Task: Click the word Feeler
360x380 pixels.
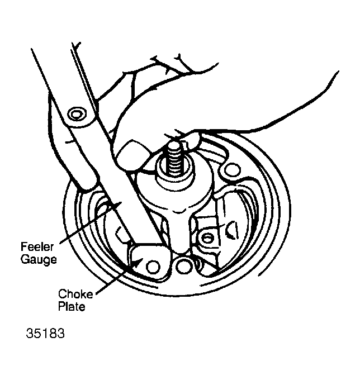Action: pos(37,247)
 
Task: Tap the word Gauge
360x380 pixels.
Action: pos(39,259)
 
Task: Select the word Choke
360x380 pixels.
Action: pos(75,294)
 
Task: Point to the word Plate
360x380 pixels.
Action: pos(72,306)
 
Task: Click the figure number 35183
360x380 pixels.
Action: pos(45,333)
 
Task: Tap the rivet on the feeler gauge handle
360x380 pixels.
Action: pos(78,113)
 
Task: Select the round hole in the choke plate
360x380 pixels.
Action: pos(153,267)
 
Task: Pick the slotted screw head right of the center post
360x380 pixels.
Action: pos(206,238)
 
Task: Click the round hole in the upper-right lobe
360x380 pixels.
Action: pos(231,170)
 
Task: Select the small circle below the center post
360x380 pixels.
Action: pos(182,265)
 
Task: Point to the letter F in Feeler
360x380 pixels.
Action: pos(23,247)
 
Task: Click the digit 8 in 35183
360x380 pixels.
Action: pos(53,333)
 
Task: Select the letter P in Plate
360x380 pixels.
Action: pos(61,306)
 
